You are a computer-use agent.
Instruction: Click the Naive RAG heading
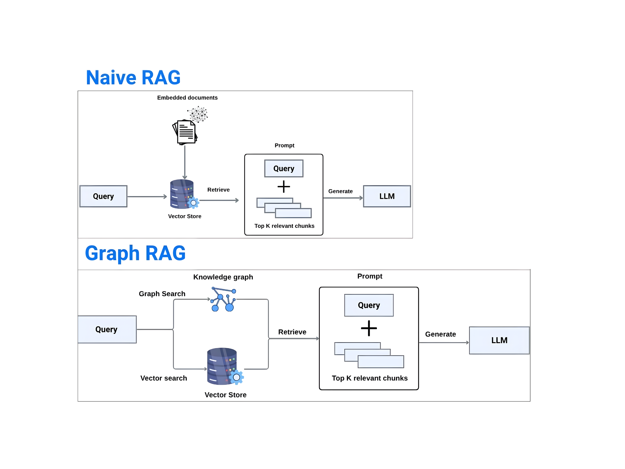pos(133,78)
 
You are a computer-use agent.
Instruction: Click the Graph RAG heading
pos(135,253)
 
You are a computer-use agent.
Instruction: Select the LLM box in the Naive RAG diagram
pos(387,196)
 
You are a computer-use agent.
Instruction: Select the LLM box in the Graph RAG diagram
pos(499,340)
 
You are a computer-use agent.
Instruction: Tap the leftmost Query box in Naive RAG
pos(103,196)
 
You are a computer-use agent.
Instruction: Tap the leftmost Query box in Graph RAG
pos(107,329)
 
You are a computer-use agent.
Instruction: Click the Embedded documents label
pos(187,98)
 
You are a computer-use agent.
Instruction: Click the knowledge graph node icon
pos(223,300)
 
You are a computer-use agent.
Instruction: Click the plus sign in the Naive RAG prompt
pos(284,187)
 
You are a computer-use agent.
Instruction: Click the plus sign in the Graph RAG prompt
pos(369,328)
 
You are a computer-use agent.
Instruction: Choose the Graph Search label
pos(162,294)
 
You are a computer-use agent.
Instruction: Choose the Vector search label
pos(164,378)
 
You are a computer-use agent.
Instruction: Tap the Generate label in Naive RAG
pos(340,191)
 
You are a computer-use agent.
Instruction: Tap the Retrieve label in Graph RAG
pos(292,332)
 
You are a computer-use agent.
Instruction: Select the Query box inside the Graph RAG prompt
pos(369,305)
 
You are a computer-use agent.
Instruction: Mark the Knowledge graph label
pos(223,277)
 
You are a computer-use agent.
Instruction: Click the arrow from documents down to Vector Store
pos(185,162)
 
